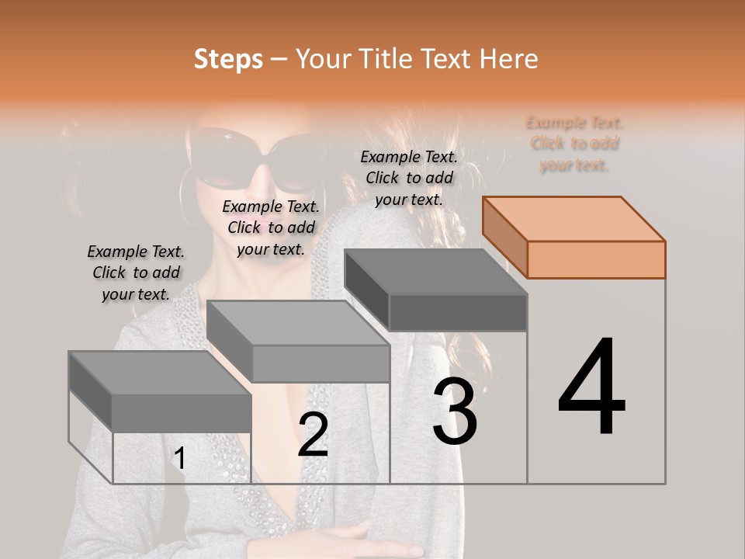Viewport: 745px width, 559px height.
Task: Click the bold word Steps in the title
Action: coord(228,59)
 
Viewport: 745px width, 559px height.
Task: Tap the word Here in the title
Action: coord(508,59)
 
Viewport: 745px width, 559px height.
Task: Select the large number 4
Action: coord(591,388)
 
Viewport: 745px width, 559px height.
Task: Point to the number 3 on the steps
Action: coord(455,411)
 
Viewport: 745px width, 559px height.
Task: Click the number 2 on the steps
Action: coord(313,435)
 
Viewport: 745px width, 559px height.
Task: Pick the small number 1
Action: coord(179,458)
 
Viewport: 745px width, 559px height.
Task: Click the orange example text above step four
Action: coord(574,144)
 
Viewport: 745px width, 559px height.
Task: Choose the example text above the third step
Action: coord(409,178)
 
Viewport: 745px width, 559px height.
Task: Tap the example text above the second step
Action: coord(271,227)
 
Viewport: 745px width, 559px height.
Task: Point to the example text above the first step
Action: coord(136,273)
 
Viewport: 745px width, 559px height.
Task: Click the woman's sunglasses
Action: coord(256,159)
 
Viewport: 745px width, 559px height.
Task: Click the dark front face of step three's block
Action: coord(458,313)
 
